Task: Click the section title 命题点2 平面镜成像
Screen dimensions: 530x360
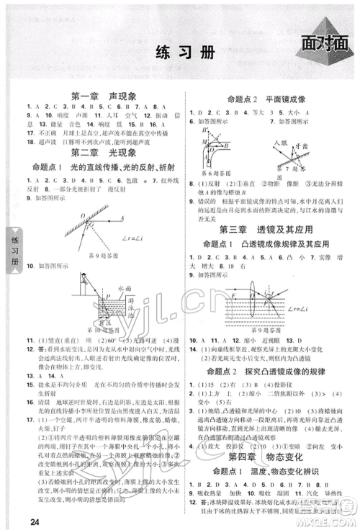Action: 268,98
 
